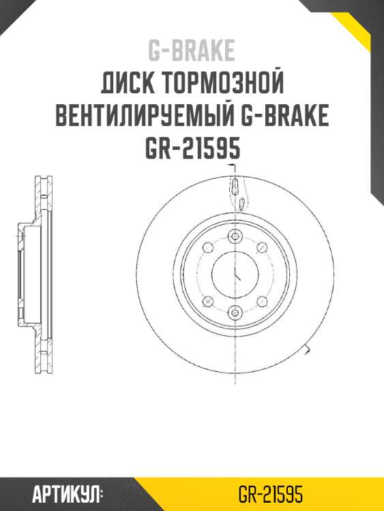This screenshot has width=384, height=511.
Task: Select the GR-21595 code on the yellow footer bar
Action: point(271,493)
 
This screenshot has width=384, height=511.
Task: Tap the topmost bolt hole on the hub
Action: point(235,236)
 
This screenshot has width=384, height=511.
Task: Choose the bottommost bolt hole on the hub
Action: point(235,313)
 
